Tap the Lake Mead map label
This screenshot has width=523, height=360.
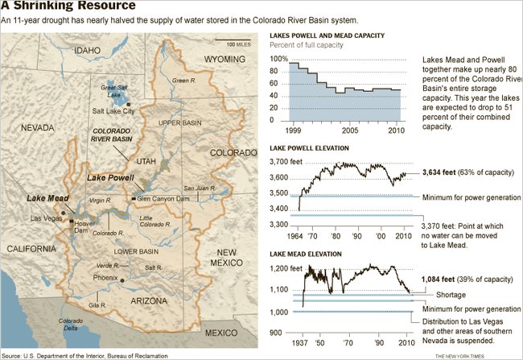(x=47, y=197)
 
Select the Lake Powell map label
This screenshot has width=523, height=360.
(x=105, y=177)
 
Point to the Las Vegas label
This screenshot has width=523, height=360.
(x=46, y=218)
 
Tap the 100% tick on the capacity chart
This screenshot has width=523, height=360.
(x=278, y=59)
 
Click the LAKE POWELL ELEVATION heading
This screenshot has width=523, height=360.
(x=309, y=149)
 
